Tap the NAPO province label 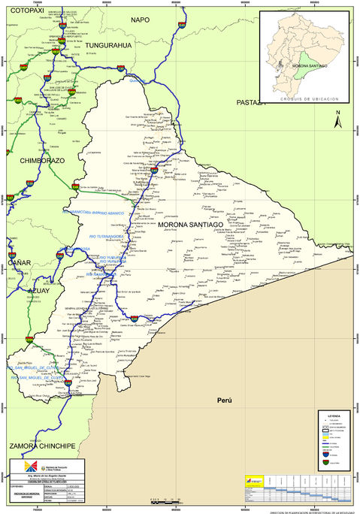tap(141, 20)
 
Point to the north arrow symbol tap(338, 119)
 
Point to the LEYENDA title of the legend tap(333, 416)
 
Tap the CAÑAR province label tap(18, 263)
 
